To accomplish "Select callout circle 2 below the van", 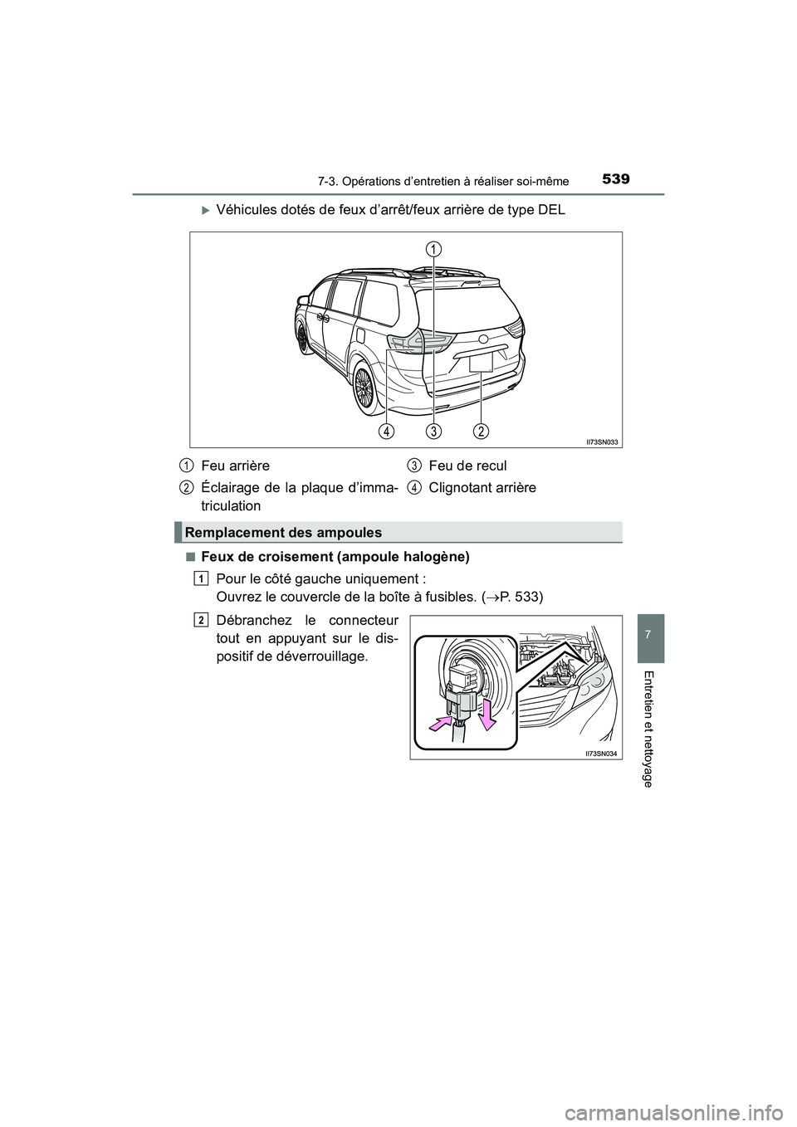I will coord(482,431).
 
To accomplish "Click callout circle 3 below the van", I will coord(433,431).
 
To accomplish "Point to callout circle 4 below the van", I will coord(386,431).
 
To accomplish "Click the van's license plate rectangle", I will coord(481,362).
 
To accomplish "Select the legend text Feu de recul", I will coord(467,466).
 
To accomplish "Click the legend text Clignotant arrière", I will coord(482,487).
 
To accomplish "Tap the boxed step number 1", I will coord(202,576).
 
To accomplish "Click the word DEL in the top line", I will coord(550,211).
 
